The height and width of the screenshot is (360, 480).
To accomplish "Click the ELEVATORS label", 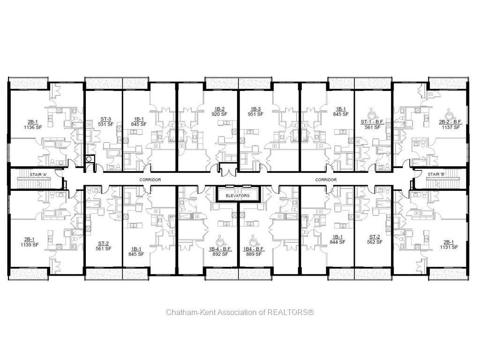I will click(238, 195).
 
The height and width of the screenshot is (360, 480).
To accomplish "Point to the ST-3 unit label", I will click(105, 119).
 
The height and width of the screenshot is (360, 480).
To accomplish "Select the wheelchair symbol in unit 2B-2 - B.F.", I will click(450, 114).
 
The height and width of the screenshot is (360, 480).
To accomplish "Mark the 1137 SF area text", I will click(450, 127).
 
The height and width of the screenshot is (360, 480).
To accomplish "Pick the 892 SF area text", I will click(220, 254).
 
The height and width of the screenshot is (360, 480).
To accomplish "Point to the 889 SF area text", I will click(254, 254).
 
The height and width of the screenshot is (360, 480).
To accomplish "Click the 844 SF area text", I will click(338, 242).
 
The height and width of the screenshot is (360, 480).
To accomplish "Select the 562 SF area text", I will click(374, 242).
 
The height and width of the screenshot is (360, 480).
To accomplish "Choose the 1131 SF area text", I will click(449, 247).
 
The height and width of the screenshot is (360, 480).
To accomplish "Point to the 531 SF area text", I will click(105, 124).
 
